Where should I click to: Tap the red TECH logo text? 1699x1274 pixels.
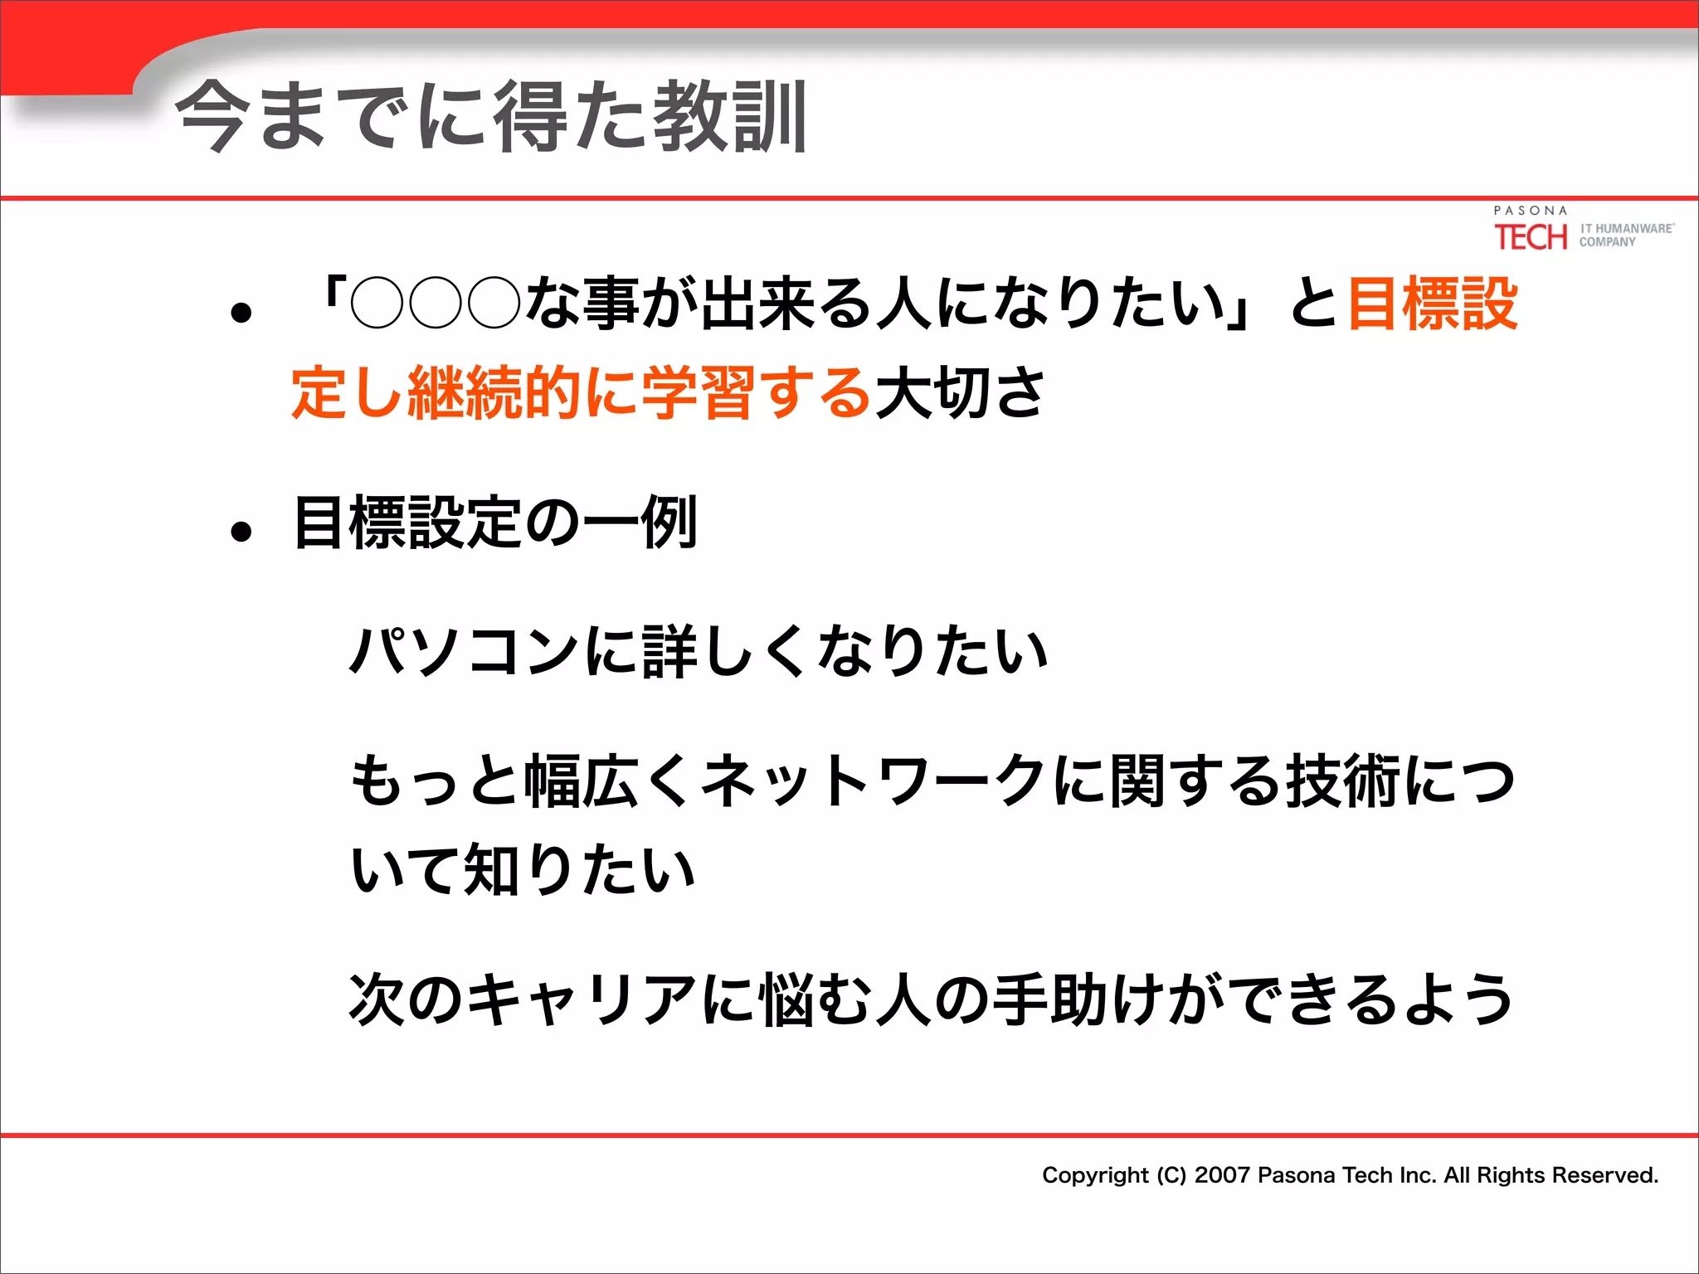point(1531,238)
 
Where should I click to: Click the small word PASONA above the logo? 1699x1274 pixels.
point(1531,211)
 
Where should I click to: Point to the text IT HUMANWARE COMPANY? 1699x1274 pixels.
point(1625,235)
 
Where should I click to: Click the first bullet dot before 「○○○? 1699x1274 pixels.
point(241,314)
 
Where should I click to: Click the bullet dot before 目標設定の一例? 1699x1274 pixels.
point(241,532)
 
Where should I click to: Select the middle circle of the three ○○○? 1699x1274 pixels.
point(436,304)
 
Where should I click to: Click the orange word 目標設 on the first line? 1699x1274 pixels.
point(1433,304)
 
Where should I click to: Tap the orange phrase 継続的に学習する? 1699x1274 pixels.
point(639,392)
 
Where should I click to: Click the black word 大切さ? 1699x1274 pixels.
point(960,392)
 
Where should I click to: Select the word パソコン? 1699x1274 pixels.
point(465,651)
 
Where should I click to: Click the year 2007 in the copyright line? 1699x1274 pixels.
point(1221,1175)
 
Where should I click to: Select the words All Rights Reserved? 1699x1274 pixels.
point(1551,1175)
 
